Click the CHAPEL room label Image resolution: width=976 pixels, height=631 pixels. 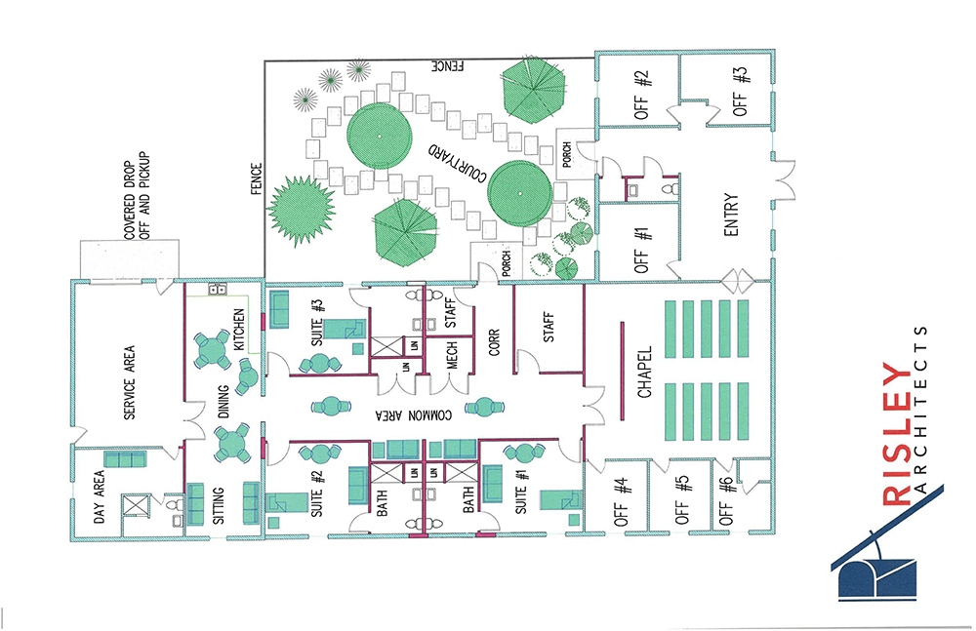click(x=645, y=373)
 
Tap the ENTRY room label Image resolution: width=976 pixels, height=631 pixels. click(x=731, y=215)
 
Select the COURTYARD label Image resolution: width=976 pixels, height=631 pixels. click(x=456, y=163)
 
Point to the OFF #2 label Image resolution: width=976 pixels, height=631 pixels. click(x=641, y=95)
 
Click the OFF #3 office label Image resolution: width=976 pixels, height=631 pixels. click(x=740, y=92)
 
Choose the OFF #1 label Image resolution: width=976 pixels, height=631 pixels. click(x=642, y=251)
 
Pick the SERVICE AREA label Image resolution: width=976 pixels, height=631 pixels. click(x=129, y=382)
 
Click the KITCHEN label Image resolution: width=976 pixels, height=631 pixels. click(x=239, y=330)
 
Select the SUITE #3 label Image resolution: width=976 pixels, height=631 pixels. click(x=317, y=323)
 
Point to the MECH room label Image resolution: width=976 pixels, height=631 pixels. click(x=453, y=354)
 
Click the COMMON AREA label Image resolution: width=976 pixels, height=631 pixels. click(x=414, y=415)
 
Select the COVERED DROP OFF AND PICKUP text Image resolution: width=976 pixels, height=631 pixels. click(x=137, y=195)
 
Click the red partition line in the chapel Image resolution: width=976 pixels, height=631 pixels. click(x=623, y=371)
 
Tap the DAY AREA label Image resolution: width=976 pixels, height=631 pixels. click(x=99, y=496)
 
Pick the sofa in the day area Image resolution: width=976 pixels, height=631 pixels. click(x=125, y=459)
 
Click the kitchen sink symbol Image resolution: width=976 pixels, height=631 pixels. click(x=217, y=289)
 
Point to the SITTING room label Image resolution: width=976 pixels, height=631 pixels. click(x=218, y=505)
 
